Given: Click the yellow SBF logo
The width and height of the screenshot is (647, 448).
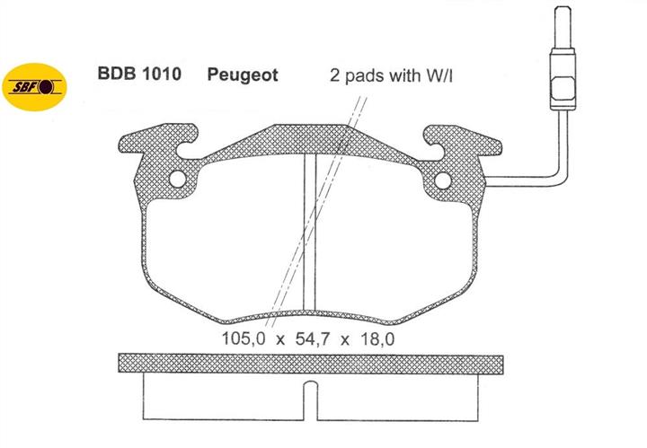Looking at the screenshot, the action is (34, 87).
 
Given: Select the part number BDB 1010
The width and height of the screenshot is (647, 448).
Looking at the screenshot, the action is (139, 74).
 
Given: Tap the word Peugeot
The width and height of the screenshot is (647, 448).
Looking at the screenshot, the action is (243, 75).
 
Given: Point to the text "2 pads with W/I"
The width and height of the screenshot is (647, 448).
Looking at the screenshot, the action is (391, 75).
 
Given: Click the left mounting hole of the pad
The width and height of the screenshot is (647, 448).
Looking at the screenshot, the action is (178, 179).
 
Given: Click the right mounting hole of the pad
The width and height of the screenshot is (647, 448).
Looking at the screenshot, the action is (443, 180).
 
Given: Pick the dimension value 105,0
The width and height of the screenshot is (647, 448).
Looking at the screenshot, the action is (244, 338).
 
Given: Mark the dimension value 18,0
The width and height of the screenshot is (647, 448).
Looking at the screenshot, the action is (377, 338).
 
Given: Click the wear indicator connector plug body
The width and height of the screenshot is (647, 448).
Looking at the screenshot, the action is (563, 79).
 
